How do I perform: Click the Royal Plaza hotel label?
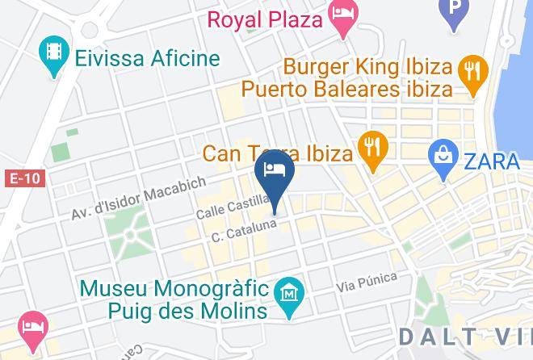point(266,18)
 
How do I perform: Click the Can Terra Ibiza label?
point(277,153)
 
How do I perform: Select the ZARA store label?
point(491,161)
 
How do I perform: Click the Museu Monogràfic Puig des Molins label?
point(174,299)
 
